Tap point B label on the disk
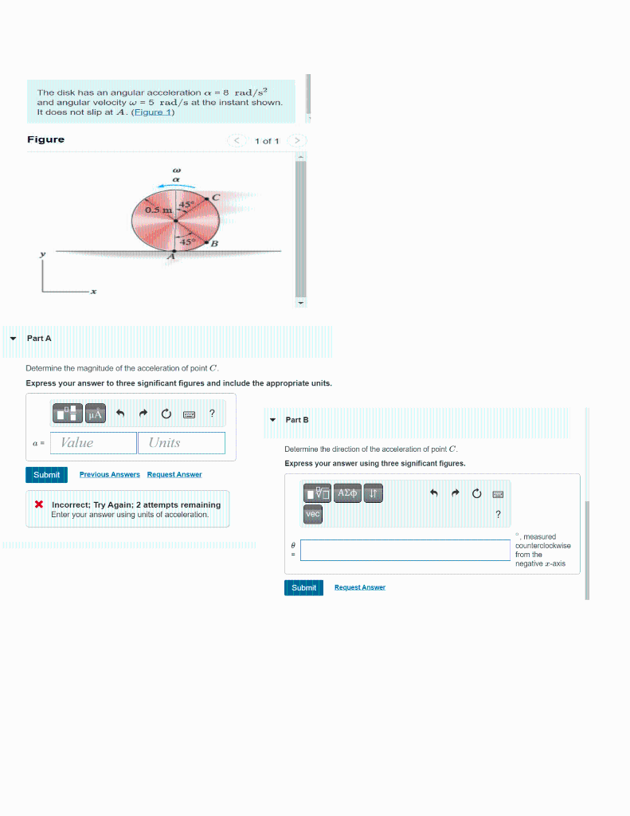(214, 243)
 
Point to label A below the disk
(170, 257)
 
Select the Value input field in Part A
(93, 443)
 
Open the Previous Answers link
(109, 475)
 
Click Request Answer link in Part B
(360, 587)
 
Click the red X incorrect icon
(38, 504)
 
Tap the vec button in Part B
(313, 515)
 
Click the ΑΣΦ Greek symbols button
(347, 494)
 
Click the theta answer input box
(405, 550)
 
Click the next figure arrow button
(296, 141)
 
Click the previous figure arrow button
(237, 141)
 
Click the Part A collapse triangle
(12, 339)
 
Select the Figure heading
(46, 139)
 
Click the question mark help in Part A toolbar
(212, 413)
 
